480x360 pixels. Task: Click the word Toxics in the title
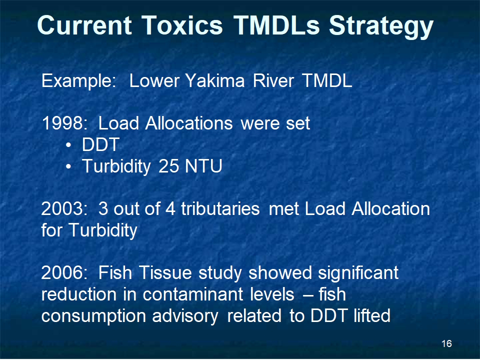coord(182,25)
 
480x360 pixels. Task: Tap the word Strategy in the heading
coord(381,27)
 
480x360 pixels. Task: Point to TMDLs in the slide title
coord(276,25)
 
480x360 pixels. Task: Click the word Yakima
coord(215,81)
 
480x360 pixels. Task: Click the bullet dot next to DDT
coord(68,145)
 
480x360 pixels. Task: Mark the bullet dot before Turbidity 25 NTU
coord(68,167)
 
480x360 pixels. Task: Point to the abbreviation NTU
coord(203,166)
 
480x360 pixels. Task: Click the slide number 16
coord(446,343)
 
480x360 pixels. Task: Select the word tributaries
coord(220,209)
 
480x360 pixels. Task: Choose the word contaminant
coord(193,294)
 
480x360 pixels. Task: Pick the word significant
coord(358,273)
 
